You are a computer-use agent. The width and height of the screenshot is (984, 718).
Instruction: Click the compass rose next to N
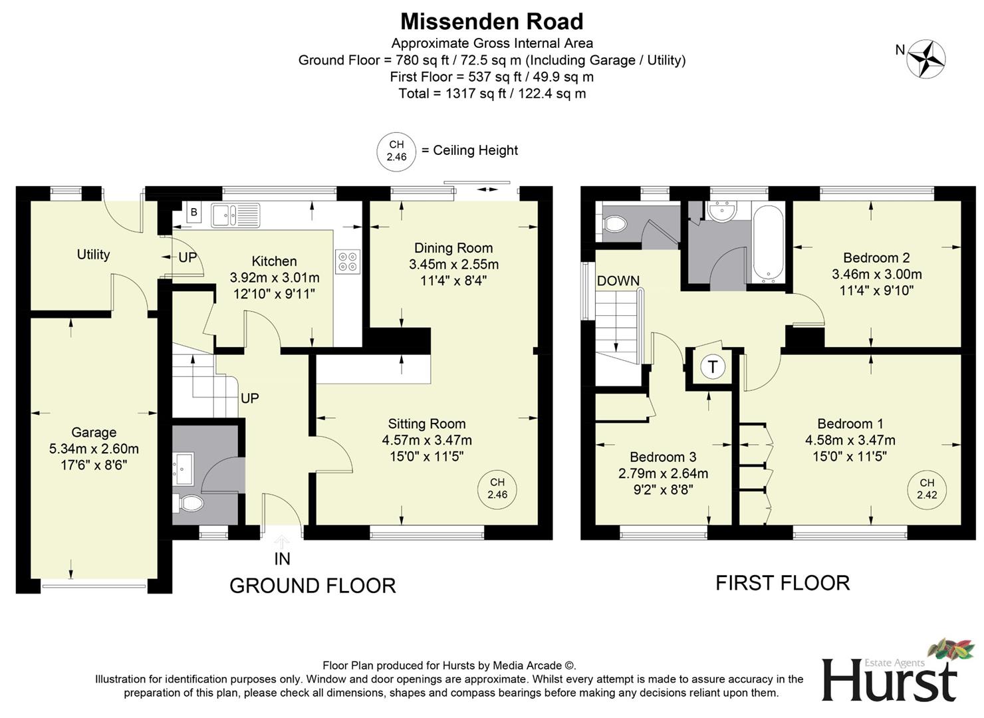tap(927, 59)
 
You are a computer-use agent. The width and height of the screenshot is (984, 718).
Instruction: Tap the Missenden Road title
tap(491, 21)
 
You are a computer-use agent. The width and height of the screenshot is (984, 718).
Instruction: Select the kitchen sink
tap(235, 214)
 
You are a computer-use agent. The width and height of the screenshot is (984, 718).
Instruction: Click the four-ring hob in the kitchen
tap(348, 261)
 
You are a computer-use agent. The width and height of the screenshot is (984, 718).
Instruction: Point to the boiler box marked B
tap(193, 213)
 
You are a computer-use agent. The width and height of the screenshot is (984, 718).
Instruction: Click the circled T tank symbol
tap(713, 366)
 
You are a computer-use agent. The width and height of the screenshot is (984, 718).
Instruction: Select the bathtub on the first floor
tap(768, 243)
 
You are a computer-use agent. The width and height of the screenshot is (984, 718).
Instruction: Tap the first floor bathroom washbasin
tap(721, 211)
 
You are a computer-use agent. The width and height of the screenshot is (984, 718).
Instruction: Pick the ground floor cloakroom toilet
tap(189, 503)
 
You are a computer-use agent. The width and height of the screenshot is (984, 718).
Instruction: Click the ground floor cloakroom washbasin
tap(182, 465)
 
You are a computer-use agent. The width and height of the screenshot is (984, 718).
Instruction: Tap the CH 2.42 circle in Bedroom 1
tap(927, 489)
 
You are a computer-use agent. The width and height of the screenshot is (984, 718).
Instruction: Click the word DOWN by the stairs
tap(618, 281)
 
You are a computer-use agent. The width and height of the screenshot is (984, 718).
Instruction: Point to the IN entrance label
tap(282, 558)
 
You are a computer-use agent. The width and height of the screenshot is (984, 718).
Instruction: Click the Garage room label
tap(94, 432)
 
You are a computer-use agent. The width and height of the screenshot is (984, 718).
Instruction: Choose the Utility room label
tap(93, 254)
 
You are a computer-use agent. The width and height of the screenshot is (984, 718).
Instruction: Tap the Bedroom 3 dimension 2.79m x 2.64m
tap(663, 473)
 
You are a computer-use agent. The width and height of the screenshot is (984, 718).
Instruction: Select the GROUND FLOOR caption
tap(312, 585)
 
